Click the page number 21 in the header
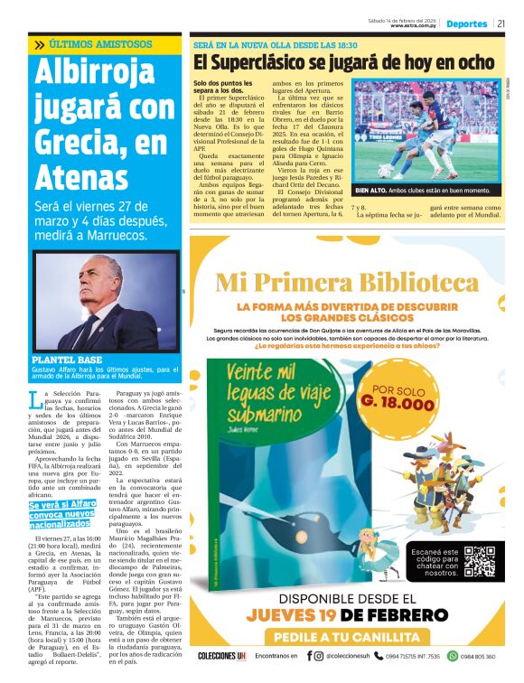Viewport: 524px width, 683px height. pos(501,23)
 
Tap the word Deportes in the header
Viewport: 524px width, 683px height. pos(466,23)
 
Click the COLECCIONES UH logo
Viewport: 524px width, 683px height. pos(224,657)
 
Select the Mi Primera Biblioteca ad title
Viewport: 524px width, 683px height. pos(347,283)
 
